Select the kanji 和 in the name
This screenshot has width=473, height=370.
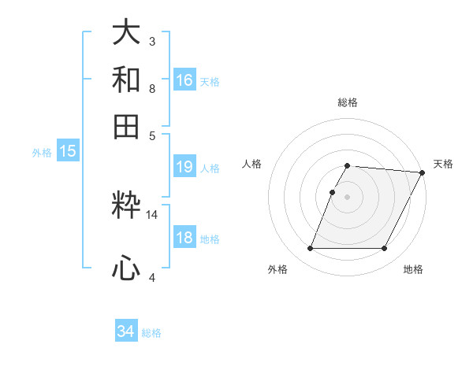pos(126,80)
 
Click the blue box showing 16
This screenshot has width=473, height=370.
pos(184,80)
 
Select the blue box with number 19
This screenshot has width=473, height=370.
pos(184,167)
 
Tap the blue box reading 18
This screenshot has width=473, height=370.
pos(184,239)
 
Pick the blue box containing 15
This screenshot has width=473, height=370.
pos(68,152)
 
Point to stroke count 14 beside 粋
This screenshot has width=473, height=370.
pos(151,214)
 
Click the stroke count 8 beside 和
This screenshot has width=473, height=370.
pos(151,89)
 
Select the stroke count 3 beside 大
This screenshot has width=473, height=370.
pos(151,41)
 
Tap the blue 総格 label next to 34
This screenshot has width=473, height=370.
pos(151,333)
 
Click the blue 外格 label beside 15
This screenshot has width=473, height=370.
pos(42,153)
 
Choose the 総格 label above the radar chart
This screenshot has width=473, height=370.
pos(348,103)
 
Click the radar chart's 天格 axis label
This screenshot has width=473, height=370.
pos(443,164)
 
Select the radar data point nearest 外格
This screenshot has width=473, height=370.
pos(311,249)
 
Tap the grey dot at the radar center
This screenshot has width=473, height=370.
pos(348,196)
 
